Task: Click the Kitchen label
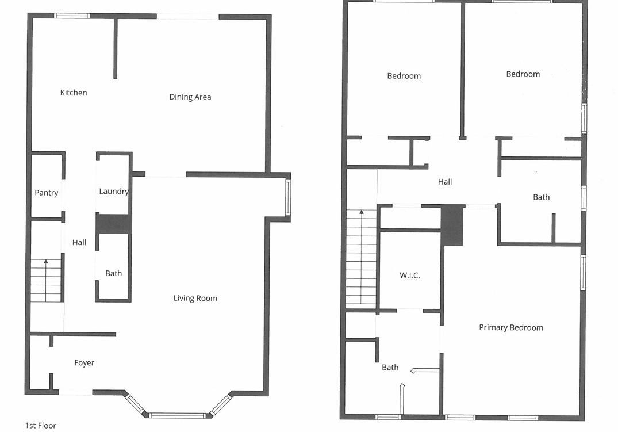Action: [74, 93]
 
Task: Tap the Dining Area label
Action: [190, 97]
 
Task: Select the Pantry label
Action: [46, 193]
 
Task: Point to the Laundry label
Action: [113, 192]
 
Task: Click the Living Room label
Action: [195, 298]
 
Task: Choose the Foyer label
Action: [84, 363]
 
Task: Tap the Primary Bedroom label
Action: [510, 328]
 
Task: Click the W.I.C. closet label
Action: [409, 276]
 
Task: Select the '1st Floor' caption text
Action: [40, 426]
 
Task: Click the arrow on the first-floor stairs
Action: [46, 262]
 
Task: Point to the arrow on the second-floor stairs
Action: [362, 213]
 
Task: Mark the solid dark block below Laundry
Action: [113, 224]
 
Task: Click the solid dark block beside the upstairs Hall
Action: [452, 225]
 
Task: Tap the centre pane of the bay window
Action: [177, 415]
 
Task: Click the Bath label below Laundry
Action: [113, 273]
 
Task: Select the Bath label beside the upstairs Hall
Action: [541, 197]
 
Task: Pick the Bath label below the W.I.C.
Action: [390, 368]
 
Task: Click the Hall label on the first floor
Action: [79, 243]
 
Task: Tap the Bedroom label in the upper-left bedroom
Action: [404, 76]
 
